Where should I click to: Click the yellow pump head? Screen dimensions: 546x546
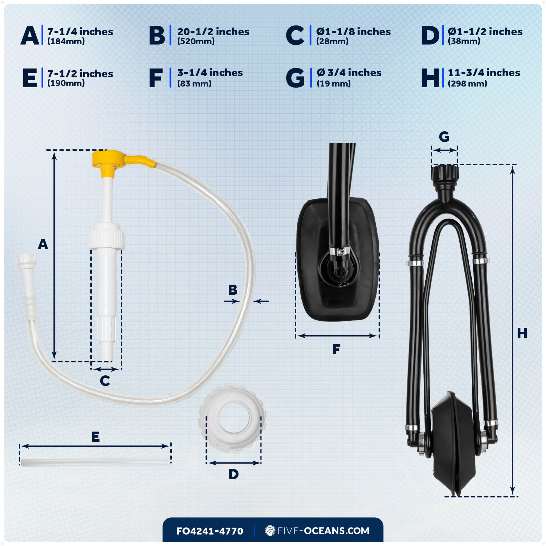109,160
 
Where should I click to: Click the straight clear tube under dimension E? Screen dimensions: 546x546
95,463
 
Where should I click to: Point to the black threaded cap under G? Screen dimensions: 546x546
444,173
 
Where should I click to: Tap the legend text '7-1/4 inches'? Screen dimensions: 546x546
80,32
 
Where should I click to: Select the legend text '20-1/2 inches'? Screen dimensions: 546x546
213,32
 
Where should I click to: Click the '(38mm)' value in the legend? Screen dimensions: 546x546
464,41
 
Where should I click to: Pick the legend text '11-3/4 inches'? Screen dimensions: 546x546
484,73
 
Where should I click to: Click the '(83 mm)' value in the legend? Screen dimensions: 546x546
194,84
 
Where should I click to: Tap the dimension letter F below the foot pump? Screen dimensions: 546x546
336,350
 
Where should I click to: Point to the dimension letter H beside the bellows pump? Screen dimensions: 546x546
522,334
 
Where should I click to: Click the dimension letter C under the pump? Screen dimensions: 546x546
105,381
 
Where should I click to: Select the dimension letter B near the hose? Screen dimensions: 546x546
233,290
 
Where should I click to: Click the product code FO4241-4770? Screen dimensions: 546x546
209,531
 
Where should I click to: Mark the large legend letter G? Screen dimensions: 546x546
295,78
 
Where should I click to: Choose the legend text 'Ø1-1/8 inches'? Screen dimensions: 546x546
353,32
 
